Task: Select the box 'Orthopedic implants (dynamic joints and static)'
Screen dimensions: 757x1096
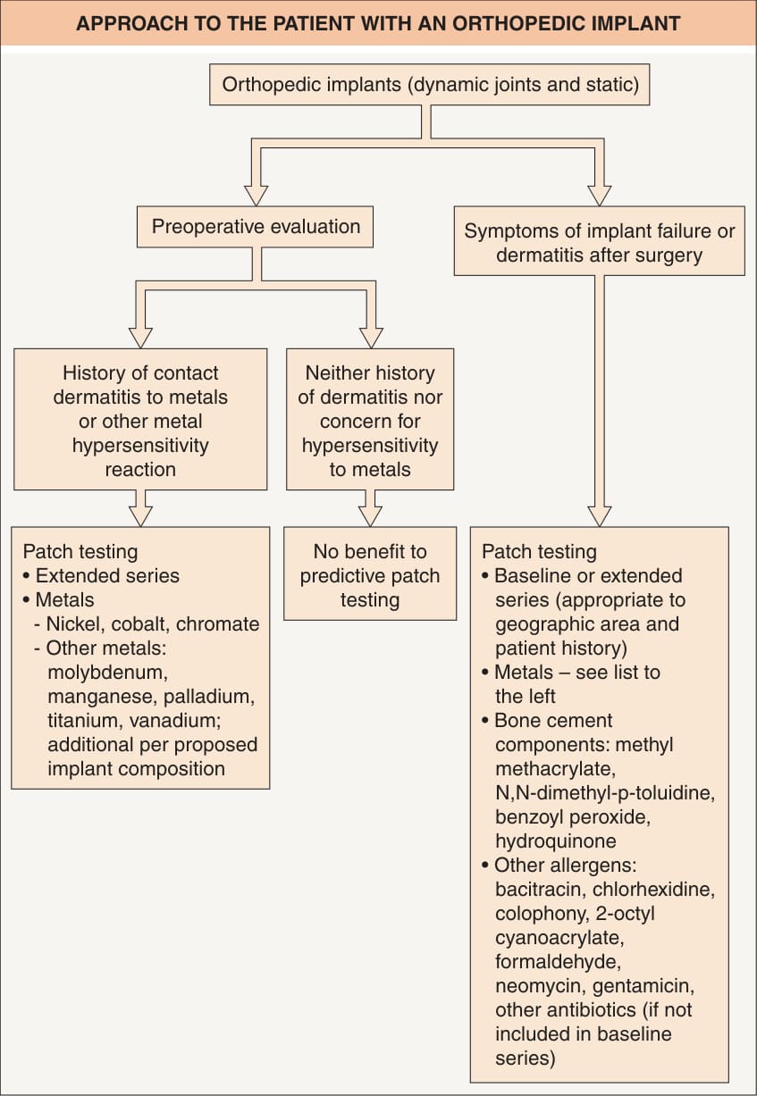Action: coord(429,84)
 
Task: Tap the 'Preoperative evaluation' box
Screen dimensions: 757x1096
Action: coord(255,227)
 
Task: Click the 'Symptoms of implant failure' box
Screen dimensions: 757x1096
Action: coord(600,241)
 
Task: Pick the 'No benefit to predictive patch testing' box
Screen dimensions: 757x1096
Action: coord(370,573)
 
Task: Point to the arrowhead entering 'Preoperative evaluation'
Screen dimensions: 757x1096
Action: coord(256,196)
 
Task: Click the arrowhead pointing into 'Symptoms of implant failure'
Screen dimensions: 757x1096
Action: coord(600,196)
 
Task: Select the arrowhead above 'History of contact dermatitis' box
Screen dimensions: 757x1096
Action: coord(140,339)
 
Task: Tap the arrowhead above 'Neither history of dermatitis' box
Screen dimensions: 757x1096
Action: coord(371,339)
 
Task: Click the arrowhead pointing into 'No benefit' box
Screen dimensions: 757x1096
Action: coord(370,516)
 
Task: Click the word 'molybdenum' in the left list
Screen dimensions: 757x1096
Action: coord(108,673)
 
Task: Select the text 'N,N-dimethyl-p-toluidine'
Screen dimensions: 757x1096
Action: coord(605,792)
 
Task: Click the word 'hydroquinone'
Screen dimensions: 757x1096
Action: coord(556,841)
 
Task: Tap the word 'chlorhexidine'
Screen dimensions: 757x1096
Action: coord(653,889)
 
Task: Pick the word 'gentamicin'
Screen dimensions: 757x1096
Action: coord(643,986)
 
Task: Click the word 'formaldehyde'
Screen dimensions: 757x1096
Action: coord(559,962)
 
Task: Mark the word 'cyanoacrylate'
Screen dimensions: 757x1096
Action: coord(559,938)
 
